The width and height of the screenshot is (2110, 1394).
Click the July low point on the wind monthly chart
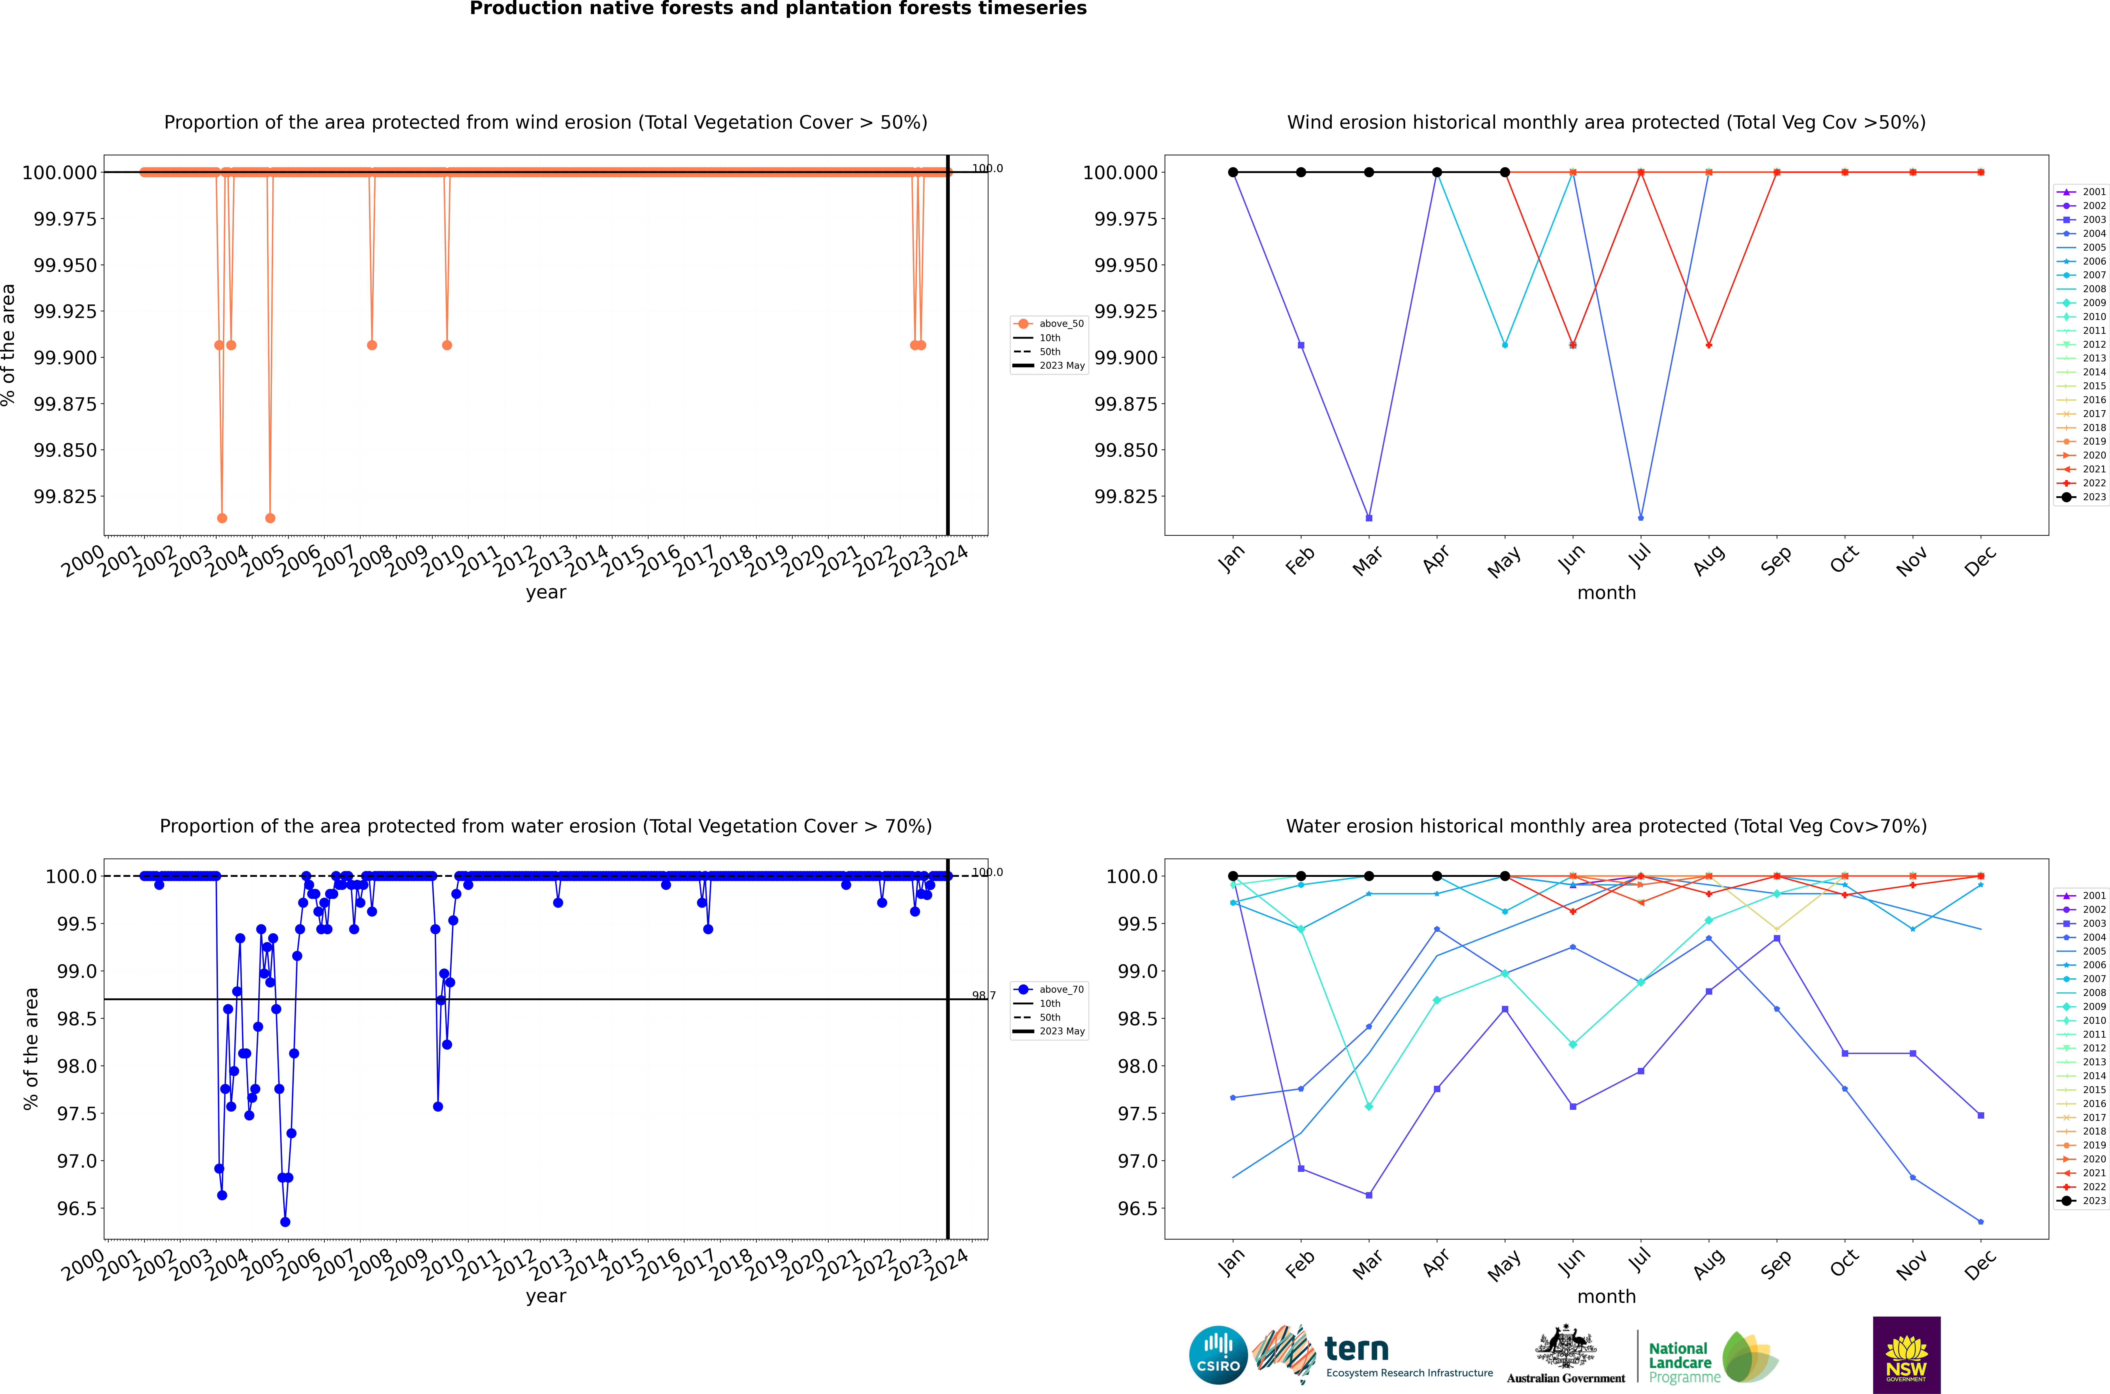[x=1640, y=517]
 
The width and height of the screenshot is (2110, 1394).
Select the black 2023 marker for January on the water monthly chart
[x=1233, y=876]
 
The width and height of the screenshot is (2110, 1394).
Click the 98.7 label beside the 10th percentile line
[x=983, y=996]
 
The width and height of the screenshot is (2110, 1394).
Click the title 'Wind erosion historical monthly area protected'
[x=1606, y=123]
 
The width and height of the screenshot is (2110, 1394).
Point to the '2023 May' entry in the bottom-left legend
[x=1062, y=1031]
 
